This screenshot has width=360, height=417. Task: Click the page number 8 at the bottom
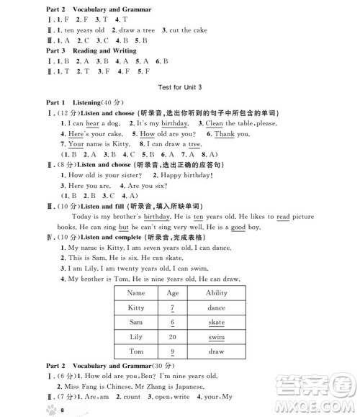pyautogui.click(x=63, y=409)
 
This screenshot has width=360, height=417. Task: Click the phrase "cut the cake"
pyautogui.click(x=189, y=30)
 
